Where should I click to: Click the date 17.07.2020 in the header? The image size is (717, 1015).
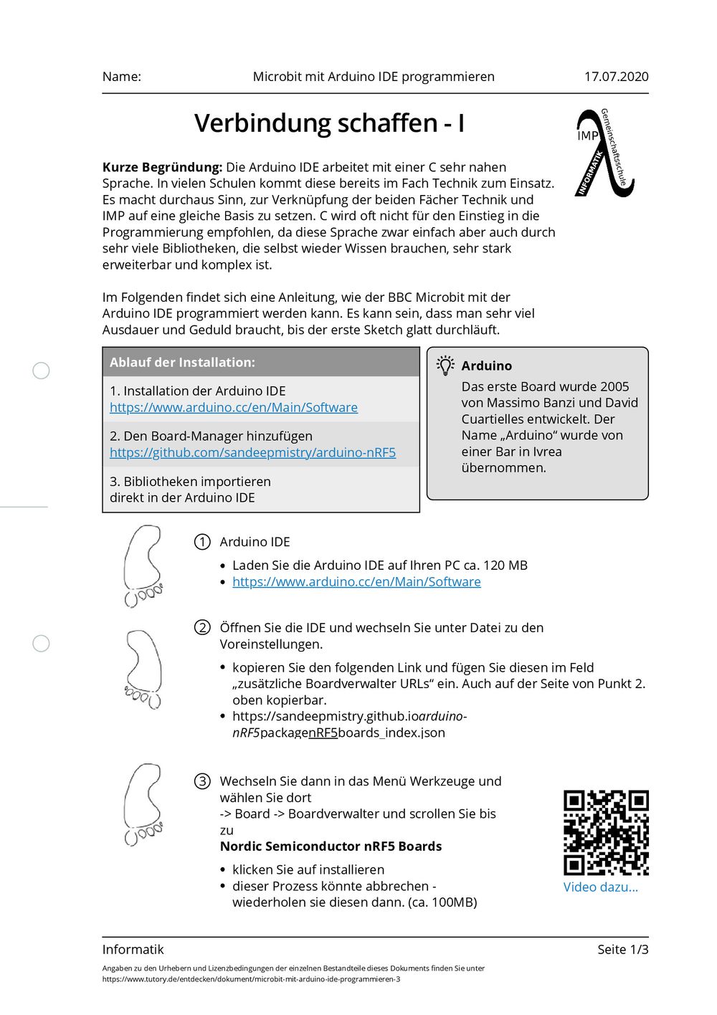[x=616, y=77]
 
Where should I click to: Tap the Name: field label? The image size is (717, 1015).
[x=122, y=77]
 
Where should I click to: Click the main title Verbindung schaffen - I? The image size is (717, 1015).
[x=329, y=123]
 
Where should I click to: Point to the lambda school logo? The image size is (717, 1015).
[x=604, y=153]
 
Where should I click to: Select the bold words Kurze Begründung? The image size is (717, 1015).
[x=163, y=167]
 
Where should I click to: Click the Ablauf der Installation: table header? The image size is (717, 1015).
[x=182, y=363]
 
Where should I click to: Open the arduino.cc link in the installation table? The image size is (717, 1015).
[x=234, y=407]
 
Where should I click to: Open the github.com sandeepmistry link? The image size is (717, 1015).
[x=252, y=452]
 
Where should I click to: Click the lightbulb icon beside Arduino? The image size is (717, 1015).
[x=445, y=366]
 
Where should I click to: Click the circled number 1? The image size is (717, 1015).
[x=202, y=542]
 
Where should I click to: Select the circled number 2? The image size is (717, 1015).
[x=202, y=628]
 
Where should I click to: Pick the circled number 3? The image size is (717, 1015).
[x=202, y=781]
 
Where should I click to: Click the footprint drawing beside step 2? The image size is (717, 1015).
[x=144, y=669]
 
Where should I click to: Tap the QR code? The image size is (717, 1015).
[x=606, y=833]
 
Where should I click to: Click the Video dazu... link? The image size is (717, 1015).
[x=600, y=887]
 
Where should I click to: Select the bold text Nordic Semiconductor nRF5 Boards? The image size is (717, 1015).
[x=331, y=847]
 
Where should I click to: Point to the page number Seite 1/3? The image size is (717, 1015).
[x=622, y=950]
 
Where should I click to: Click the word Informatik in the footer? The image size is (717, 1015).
[x=133, y=950]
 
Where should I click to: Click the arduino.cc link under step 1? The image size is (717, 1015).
[x=356, y=582]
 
